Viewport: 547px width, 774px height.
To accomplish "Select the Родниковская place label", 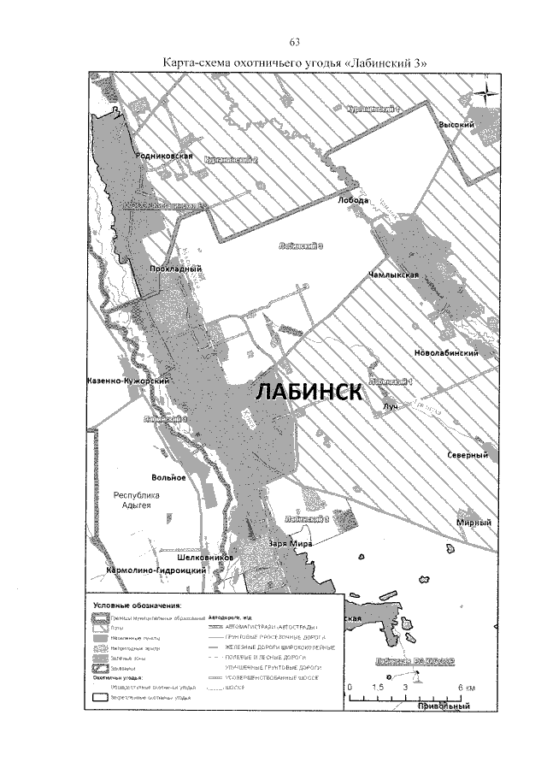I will pos(167,157).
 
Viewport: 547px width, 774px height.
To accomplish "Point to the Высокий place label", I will pos(456,124).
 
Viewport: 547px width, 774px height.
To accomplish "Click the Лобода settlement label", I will pos(353,199).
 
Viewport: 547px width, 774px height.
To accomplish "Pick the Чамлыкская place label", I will pos(392,275).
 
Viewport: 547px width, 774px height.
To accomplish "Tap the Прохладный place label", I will pos(174,269).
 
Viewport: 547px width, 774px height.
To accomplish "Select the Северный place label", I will pos(467,456).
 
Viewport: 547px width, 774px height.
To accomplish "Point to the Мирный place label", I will pos(476,523).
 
